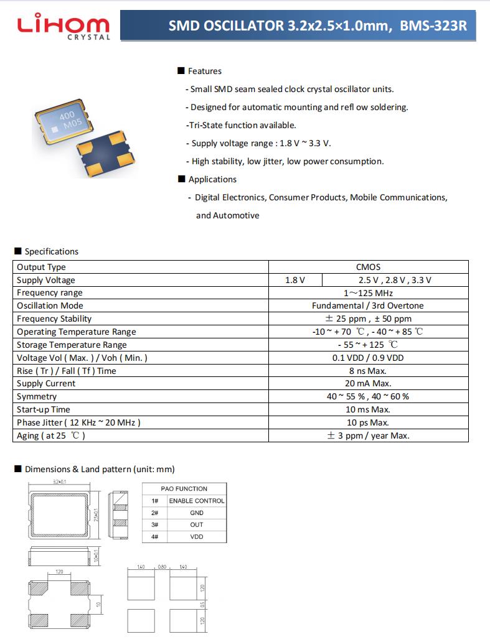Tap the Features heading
[204, 71]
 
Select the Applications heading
[212, 179]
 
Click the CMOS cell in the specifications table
[368, 267]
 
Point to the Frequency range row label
[50, 292]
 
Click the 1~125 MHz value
[368, 292]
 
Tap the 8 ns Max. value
[368, 371]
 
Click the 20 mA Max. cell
[368, 383]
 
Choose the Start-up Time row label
[44, 409]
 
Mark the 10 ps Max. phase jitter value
[368, 422]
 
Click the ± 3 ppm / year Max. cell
[368, 435]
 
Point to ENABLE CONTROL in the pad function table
[197, 501]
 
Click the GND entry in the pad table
[197, 513]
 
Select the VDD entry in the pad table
[197, 536]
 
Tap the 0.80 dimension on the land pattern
[162, 567]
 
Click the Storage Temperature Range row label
[72, 345]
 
